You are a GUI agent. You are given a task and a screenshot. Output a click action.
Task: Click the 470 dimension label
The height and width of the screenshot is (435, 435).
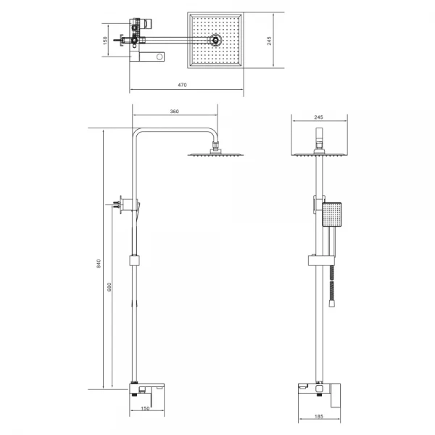pos(182,85)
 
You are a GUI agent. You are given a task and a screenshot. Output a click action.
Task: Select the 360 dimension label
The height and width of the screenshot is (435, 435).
pos(174,112)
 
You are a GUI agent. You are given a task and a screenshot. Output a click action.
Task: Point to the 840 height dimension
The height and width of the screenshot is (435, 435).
pos(99,263)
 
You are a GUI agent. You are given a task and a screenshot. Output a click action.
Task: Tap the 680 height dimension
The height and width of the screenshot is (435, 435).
pos(109,287)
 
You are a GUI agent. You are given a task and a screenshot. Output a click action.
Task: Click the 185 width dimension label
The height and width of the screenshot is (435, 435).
pos(319,416)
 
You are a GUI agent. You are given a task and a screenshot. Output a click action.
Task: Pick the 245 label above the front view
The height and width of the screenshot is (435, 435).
pos(318,117)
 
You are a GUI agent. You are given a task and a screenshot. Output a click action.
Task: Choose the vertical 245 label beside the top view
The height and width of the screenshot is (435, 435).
pos(269,41)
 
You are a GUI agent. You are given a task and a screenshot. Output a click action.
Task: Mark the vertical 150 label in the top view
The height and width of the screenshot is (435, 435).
pos(105,41)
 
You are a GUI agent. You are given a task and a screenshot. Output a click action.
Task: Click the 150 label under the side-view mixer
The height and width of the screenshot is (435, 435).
pos(145,408)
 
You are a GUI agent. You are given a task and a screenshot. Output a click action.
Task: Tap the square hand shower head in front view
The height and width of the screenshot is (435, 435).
pos(331,215)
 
